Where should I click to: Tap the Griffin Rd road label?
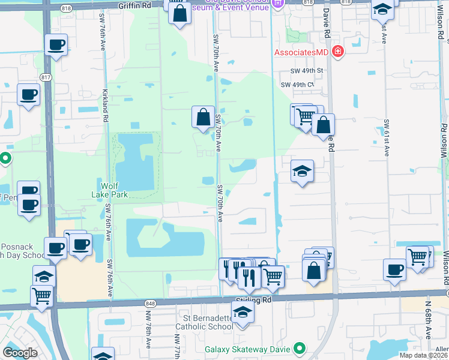(135, 5)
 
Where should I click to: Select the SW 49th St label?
(307, 70)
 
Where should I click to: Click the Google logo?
(20, 353)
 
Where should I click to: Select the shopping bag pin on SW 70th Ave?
(203, 116)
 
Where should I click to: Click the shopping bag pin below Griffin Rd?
(179, 12)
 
